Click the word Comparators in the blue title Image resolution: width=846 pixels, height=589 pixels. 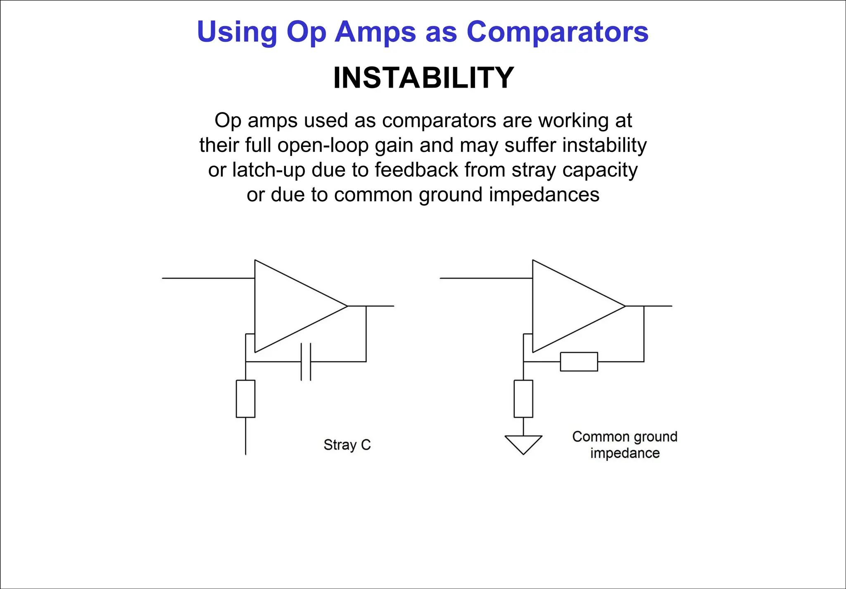(557, 32)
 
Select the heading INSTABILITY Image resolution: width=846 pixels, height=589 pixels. (423, 78)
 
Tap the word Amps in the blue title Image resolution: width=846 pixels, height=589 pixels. (375, 32)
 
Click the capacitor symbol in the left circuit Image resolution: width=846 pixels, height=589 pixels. (306, 362)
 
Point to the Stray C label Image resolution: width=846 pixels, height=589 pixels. (347, 445)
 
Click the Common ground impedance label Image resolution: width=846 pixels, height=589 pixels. (625, 445)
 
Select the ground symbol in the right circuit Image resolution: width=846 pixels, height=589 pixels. (523, 444)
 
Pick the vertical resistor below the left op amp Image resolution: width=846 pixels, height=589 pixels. (245, 399)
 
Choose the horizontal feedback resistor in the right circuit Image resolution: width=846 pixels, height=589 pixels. (579, 362)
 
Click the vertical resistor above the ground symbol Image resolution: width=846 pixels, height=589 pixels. (523, 399)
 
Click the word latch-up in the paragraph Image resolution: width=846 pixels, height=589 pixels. (257, 170)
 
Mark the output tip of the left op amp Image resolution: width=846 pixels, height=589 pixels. (347, 306)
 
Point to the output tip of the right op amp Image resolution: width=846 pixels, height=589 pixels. (625, 306)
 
